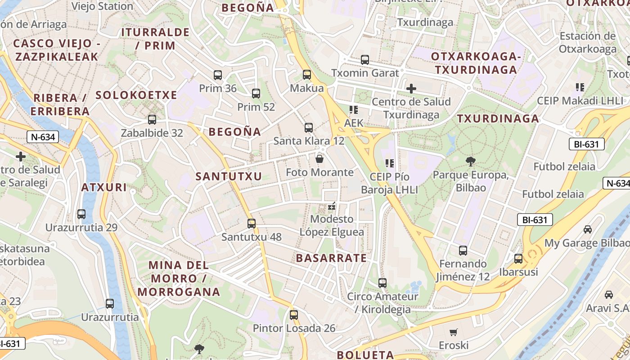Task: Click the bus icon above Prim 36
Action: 218,75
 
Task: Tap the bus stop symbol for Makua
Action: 307,75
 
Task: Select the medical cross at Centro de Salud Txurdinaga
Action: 411,89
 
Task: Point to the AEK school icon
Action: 353,109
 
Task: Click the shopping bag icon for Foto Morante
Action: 319,159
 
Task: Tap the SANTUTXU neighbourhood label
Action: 229,176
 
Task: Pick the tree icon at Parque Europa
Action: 471,161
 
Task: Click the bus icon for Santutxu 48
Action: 252,223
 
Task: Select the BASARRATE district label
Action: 331,258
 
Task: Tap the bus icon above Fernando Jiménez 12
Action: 463,251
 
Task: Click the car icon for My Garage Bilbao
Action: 588,229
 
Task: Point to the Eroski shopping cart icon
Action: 454,332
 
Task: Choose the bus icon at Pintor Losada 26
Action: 294,315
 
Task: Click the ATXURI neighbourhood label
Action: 104,187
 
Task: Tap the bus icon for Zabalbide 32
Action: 152,120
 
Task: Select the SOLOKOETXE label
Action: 136,95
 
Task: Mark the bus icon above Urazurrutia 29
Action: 81,214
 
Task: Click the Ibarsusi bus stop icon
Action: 518,259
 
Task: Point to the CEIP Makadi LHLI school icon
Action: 580,87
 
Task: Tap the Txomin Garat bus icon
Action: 365,59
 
